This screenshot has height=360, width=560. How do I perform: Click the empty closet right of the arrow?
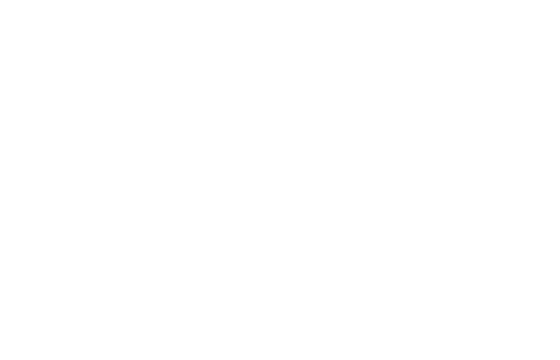[x=368, y=25]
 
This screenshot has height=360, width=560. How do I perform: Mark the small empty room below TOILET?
[x=48, y=68]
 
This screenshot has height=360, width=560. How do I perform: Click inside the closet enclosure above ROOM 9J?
[x=180, y=68]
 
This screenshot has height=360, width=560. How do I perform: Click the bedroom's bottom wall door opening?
[x=485, y=223]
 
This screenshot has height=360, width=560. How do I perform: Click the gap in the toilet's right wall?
[x=95, y=26]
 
